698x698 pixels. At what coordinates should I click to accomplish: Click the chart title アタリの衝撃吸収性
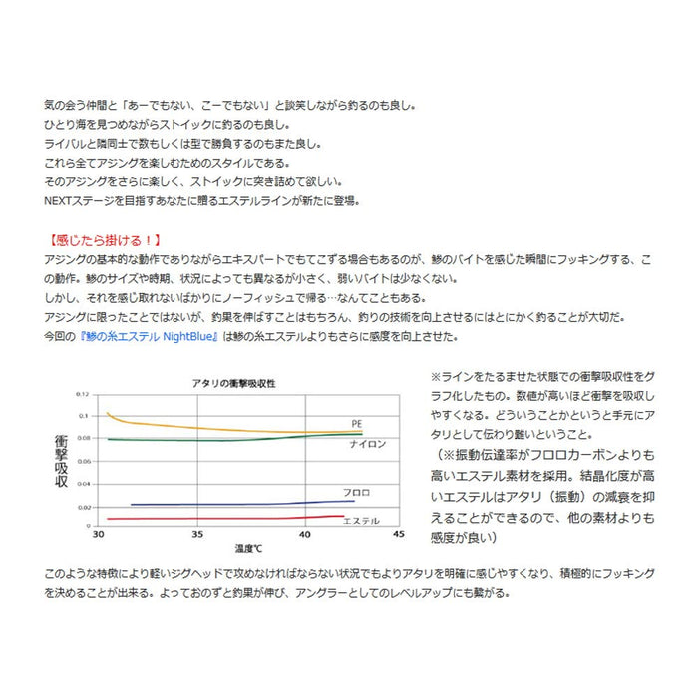(234, 383)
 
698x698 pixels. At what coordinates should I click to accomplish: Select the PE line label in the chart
(356, 423)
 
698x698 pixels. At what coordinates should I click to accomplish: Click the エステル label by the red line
(360, 521)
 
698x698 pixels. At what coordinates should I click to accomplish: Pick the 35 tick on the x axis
(197, 535)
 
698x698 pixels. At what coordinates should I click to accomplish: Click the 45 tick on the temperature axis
(399, 535)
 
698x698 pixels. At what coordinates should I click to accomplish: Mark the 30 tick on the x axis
(97, 535)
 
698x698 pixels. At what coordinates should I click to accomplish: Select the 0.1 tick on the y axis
(85, 416)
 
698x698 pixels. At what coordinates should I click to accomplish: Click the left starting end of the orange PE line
(106, 412)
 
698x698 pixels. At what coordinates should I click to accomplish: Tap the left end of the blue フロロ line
(131, 505)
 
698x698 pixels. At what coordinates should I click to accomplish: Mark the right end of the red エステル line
(343, 516)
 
